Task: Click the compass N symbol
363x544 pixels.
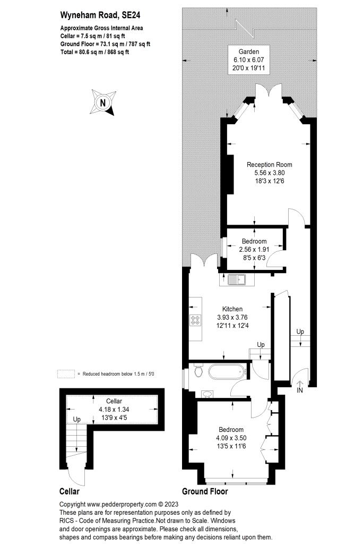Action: point(102,102)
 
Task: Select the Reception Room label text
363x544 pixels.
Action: point(270,165)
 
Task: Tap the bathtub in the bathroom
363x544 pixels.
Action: point(226,371)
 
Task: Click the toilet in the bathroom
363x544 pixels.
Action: point(198,370)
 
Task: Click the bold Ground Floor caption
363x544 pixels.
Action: point(205,491)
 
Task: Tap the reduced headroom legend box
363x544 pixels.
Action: point(64,374)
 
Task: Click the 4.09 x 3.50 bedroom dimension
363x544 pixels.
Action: point(231,438)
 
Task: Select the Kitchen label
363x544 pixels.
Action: point(232,309)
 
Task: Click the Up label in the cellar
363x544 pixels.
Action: point(77,419)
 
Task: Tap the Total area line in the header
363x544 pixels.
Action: point(94,52)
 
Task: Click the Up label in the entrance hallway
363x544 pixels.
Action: point(300,332)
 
